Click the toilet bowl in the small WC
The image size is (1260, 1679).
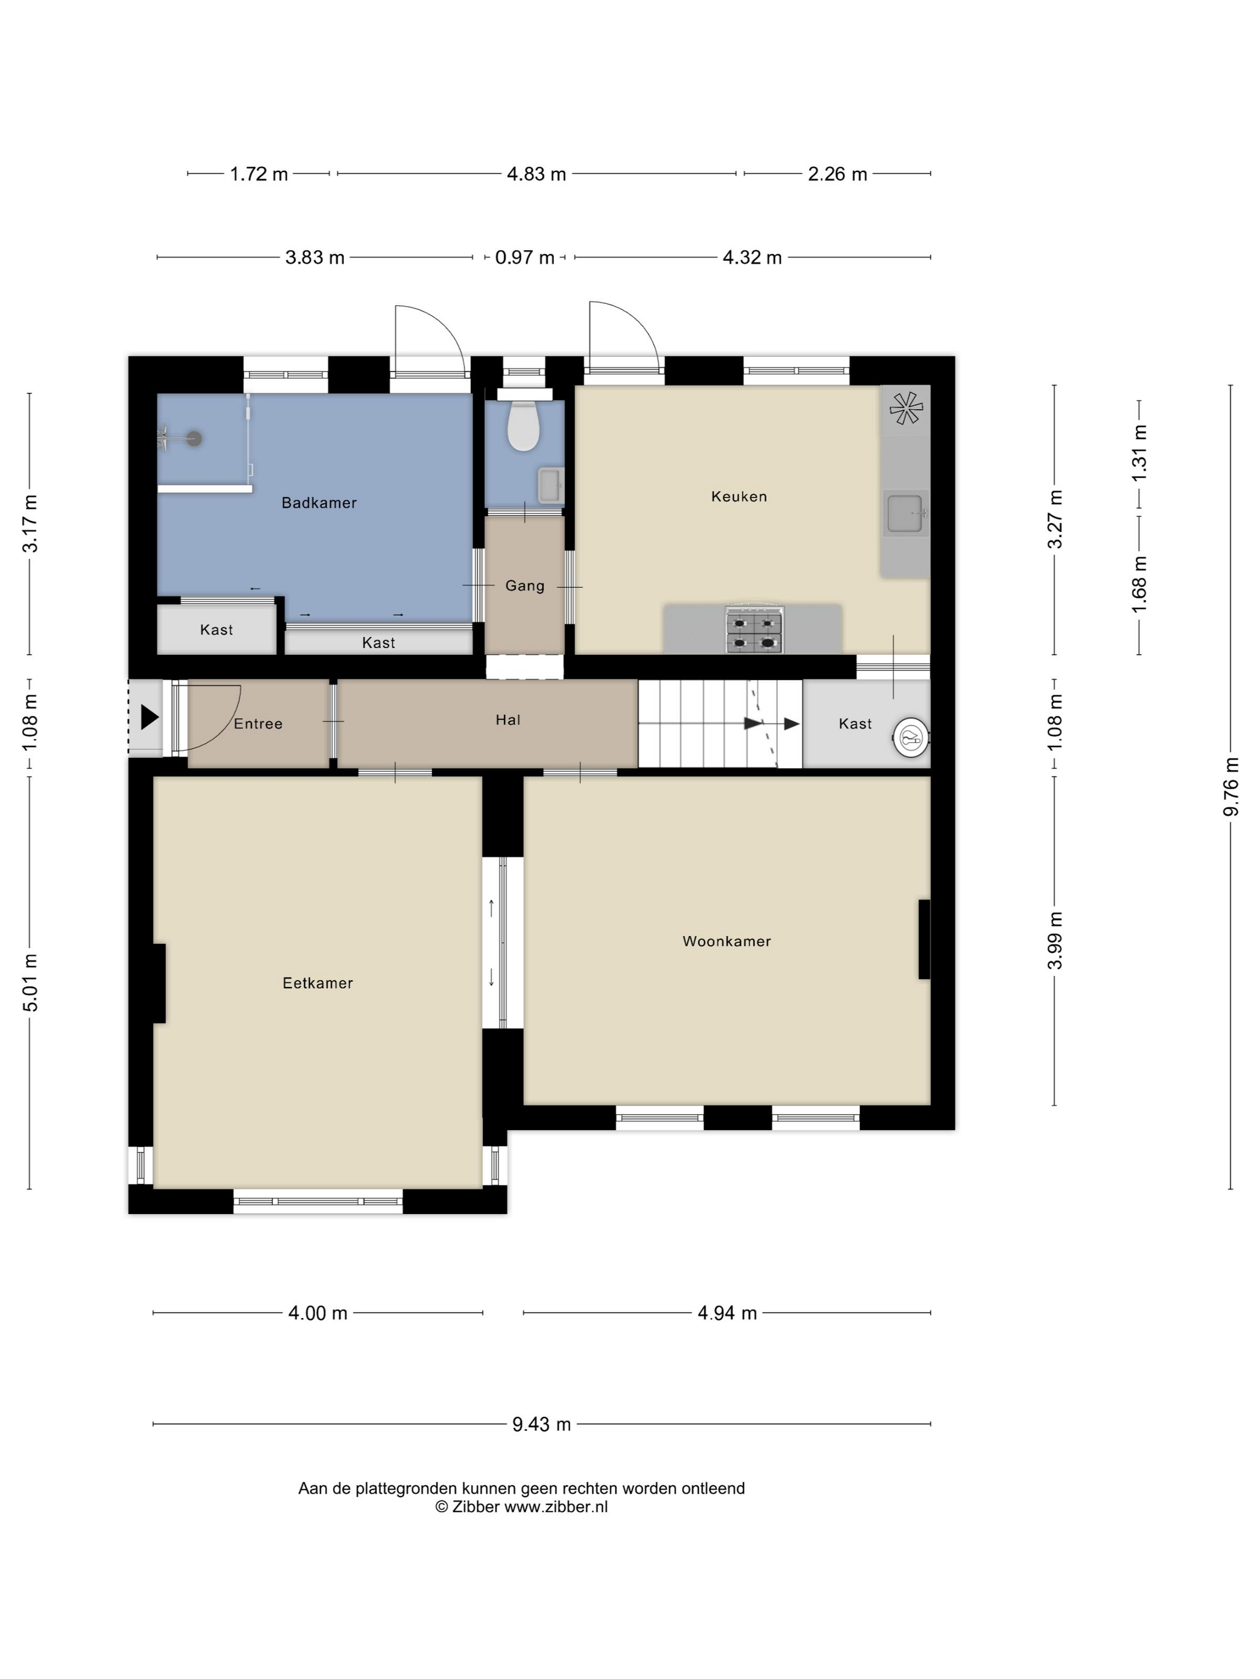pos(523,426)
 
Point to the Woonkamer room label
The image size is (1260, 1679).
pos(726,941)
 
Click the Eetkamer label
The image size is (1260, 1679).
pos(317,983)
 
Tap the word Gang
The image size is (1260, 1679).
pos(525,586)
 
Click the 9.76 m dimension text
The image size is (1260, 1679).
pos(1231,786)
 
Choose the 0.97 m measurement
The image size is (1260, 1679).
pos(525,257)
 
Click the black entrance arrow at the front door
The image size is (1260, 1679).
pos(149,717)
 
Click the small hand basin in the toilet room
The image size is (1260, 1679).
pos(550,485)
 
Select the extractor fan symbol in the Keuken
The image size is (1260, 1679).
pos(906,408)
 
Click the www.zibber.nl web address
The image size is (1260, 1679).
pos(556,1507)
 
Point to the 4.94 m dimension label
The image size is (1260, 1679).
pos(728,1313)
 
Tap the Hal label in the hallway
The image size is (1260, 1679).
pos(508,720)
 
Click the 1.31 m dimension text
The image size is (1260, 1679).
pos(1139,453)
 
